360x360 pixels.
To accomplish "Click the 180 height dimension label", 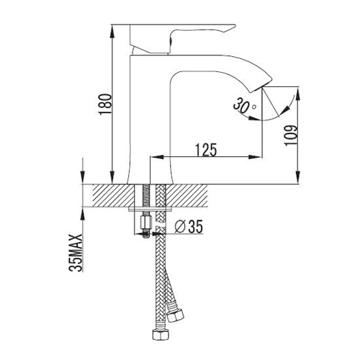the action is click(105, 104).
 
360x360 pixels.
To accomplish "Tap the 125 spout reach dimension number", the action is click(206, 150).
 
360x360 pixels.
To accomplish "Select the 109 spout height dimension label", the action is click(291, 135).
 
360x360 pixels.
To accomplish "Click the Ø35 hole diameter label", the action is click(189, 226).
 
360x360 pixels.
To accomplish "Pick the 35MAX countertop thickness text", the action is click(76, 253).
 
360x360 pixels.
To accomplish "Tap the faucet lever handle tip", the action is click(234, 25).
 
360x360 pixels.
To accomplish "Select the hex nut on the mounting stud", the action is click(145, 222).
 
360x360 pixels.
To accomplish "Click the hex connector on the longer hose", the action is click(161, 335).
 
